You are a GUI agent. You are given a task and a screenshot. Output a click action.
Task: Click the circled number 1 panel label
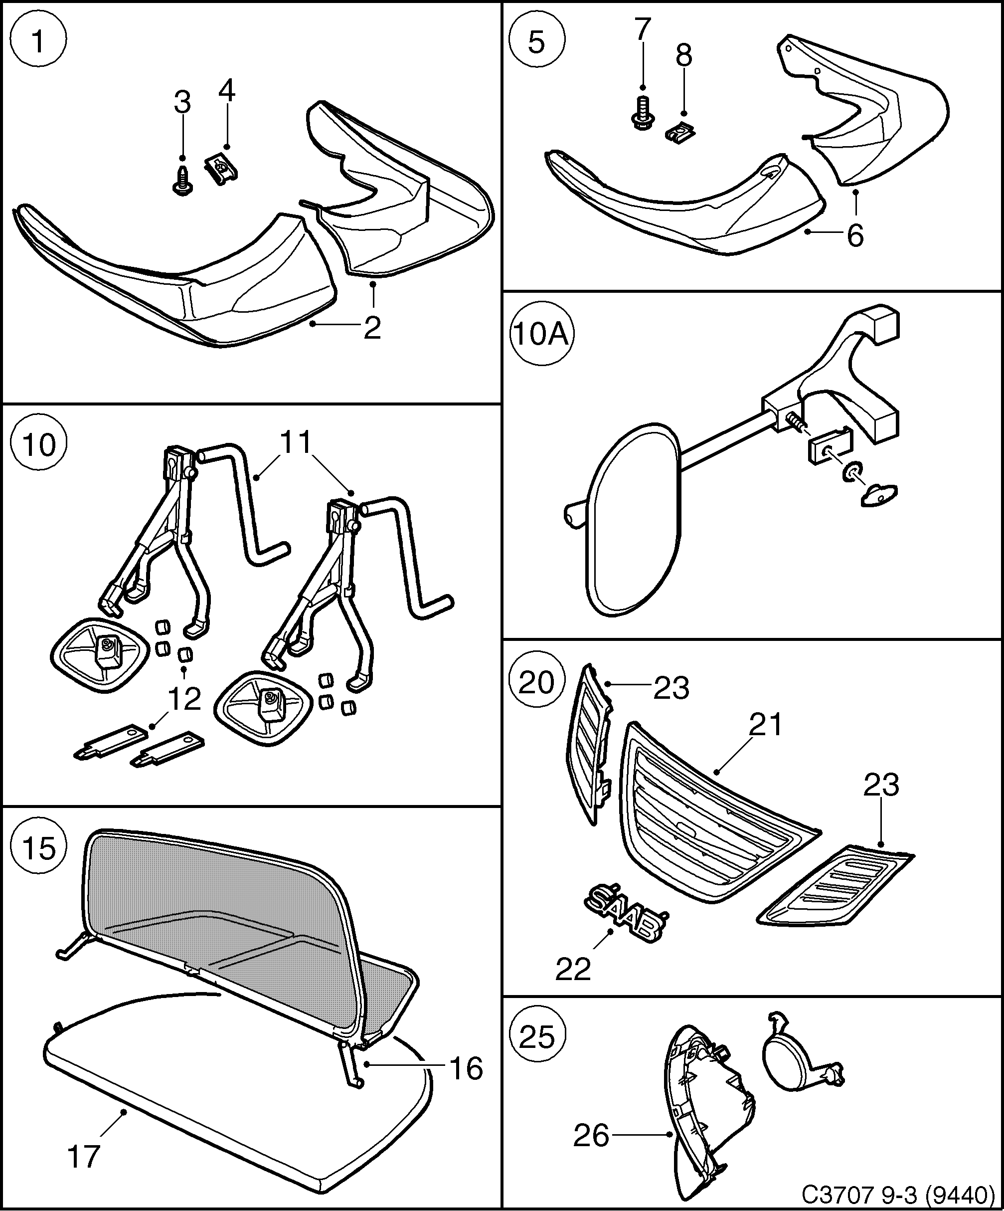(38, 40)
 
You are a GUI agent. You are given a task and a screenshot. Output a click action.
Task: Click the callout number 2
(372, 328)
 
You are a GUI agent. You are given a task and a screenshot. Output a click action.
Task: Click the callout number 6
(855, 235)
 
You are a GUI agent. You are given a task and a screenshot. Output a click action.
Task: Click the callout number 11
(296, 443)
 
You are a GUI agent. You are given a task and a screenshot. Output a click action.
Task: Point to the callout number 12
(184, 699)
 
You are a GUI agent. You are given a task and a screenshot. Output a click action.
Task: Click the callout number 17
(84, 1157)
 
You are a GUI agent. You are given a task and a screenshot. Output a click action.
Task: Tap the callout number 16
(466, 1069)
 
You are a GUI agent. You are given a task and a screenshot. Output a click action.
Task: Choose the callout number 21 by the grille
(765, 724)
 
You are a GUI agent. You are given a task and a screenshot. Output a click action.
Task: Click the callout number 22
(573, 969)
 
